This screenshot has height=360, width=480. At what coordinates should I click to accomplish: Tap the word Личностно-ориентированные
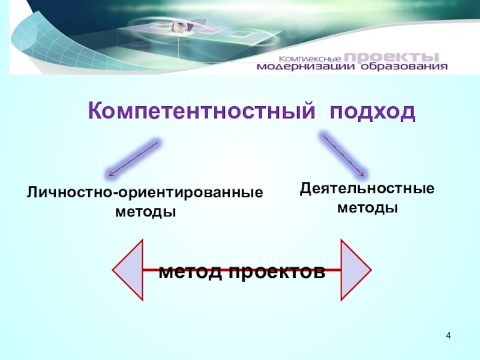(145, 194)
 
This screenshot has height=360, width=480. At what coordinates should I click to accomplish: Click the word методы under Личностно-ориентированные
(146, 212)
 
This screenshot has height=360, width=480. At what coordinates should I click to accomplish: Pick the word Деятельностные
(367, 190)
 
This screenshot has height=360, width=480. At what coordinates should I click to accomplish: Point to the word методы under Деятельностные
(367, 208)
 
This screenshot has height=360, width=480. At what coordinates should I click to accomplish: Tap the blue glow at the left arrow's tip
(110, 174)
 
